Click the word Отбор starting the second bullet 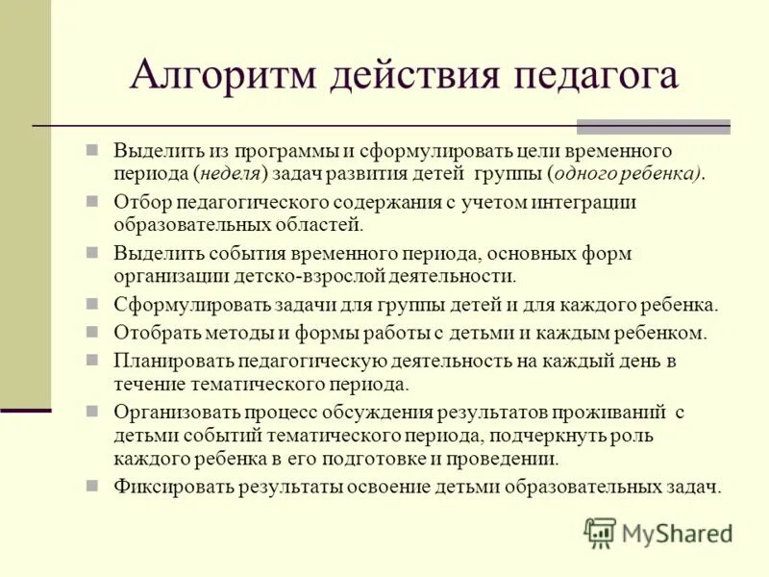[139, 202]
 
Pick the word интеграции [586, 202]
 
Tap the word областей [320, 224]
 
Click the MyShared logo [658, 532]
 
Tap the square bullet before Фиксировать [93, 484]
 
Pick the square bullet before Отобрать [93, 331]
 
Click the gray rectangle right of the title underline [653, 126]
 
